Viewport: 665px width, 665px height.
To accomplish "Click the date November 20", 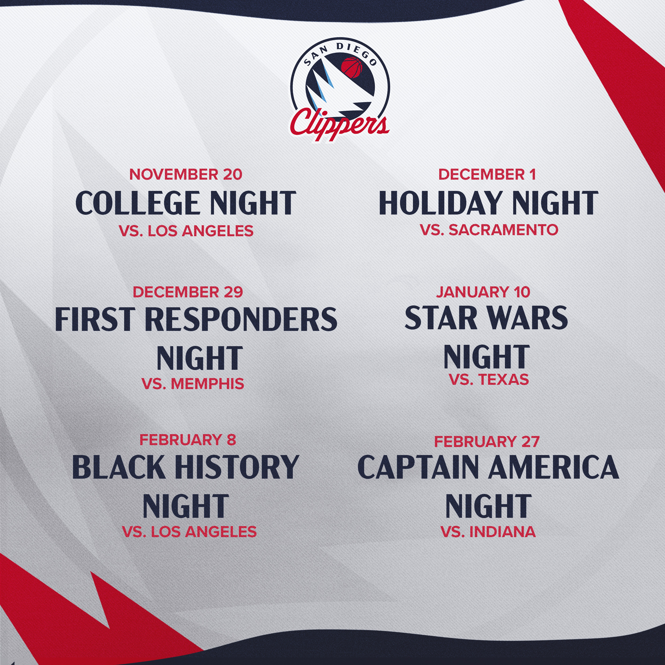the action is [x=186, y=174].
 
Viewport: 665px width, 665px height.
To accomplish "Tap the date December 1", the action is [x=487, y=174].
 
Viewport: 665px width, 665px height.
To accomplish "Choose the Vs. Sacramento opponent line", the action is [x=489, y=230].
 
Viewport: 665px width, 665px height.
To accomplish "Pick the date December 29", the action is [x=188, y=292].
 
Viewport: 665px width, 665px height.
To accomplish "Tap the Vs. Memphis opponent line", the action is [x=193, y=383].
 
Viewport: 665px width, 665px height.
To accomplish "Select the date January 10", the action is [x=483, y=292].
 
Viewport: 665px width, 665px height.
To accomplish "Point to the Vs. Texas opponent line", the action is [x=489, y=379].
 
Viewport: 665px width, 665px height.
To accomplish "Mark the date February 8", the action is [x=188, y=439].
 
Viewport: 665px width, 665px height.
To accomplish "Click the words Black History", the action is [x=186, y=467].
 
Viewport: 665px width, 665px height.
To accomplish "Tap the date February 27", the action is [x=487, y=441].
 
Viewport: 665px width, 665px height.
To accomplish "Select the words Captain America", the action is [x=488, y=467].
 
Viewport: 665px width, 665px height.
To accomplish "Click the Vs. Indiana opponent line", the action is [x=488, y=532].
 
